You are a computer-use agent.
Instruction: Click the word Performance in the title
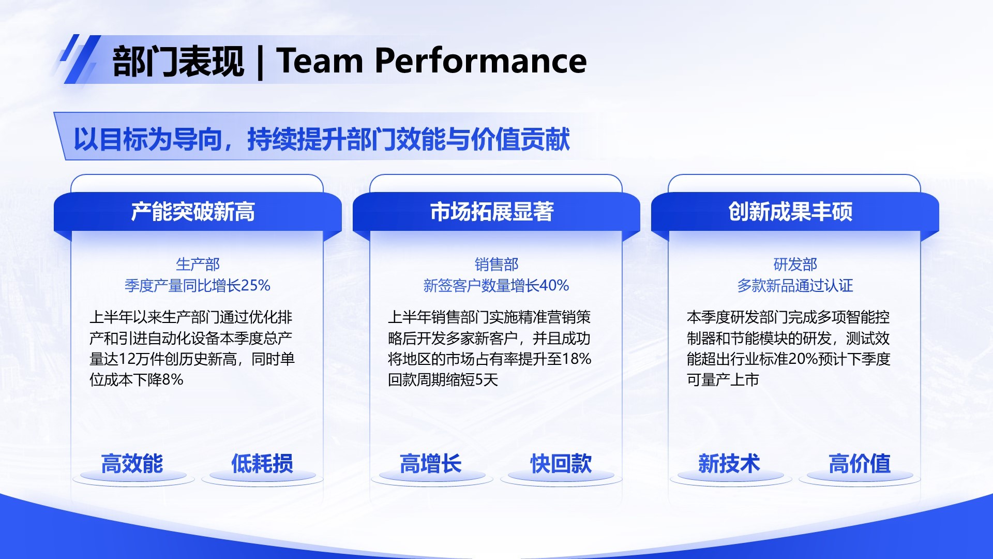tap(480, 61)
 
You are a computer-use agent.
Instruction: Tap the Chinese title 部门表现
tap(178, 62)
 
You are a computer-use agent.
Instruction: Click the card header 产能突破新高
tap(193, 212)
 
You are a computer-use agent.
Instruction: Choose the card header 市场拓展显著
tap(492, 212)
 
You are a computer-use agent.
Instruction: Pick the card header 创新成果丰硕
tap(790, 212)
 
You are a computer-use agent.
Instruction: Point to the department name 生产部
tap(198, 264)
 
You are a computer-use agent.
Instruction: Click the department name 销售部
tap(496, 264)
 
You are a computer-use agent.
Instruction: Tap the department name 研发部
tap(795, 264)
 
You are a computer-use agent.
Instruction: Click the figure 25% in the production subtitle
tap(255, 286)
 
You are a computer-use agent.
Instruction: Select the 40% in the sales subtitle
tap(554, 286)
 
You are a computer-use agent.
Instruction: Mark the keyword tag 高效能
tap(132, 463)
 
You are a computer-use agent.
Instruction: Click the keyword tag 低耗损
tap(262, 463)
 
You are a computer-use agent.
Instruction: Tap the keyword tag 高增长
tap(430, 463)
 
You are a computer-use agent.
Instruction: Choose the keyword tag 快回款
tap(561, 463)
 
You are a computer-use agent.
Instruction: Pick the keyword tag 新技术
tap(729, 463)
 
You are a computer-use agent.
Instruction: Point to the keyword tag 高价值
tap(860, 463)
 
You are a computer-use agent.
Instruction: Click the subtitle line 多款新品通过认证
tap(795, 286)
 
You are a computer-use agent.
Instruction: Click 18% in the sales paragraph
tap(576, 359)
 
